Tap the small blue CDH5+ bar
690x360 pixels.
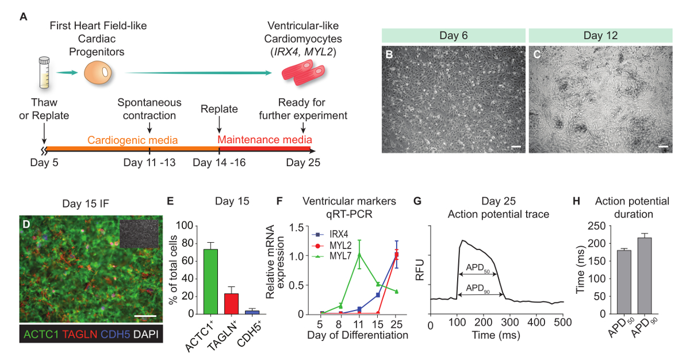coord(256,312)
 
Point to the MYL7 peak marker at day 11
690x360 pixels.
coord(359,254)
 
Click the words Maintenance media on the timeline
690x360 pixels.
coord(265,140)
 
